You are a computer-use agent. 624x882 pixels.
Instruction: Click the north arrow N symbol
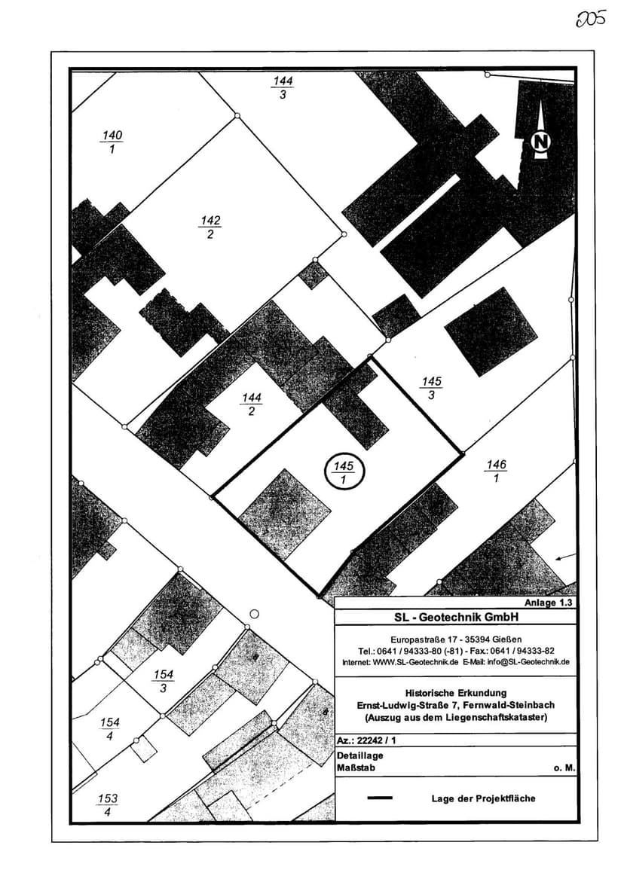[x=540, y=141]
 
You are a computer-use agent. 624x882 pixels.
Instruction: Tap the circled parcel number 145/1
[x=344, y=472]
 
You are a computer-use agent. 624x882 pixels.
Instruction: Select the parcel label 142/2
[x=210, y=227]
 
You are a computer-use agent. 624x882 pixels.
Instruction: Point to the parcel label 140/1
[x=112, y=142]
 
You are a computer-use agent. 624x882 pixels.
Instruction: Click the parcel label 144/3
[x=283, y=87]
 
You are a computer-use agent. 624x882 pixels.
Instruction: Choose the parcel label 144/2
[x=251, y=404]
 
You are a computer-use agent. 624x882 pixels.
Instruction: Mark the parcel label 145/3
[x=431, y=389]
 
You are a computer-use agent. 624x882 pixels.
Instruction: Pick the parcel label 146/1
[x=496, y=472]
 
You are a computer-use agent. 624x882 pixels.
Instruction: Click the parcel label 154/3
[x=163, y=681]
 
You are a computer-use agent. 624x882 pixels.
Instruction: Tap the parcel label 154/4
[x=110, y=729]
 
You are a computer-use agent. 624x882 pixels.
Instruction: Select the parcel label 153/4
[x=108, y=805]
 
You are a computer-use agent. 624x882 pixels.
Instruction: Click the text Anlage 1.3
[x=549, y=603]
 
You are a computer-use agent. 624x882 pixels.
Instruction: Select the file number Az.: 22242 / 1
[x=367, y=741]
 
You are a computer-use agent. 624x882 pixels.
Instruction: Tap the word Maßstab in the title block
[x=356, y=768]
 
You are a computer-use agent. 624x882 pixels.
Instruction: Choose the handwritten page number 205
[x=591, y=19]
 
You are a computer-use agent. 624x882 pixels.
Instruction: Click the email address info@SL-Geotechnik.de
[x=531, y=662]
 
